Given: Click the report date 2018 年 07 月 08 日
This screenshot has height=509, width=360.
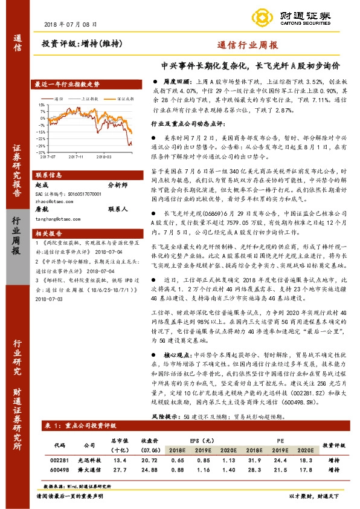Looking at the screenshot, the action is [71, 24].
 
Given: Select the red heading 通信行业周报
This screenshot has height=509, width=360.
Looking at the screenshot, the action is [248, 45].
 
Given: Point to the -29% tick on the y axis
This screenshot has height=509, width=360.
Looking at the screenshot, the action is [41, 145].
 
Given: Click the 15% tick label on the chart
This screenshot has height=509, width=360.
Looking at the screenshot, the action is [42, 104].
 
